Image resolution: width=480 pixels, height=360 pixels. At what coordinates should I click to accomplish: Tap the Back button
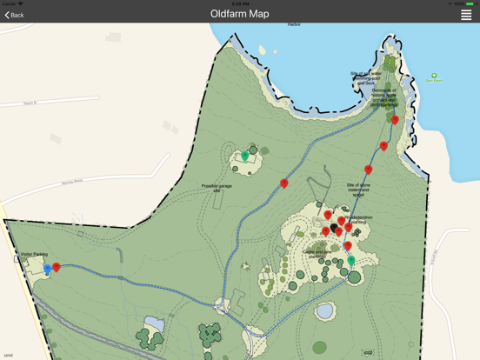15,15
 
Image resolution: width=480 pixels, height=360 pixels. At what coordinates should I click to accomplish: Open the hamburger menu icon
466,15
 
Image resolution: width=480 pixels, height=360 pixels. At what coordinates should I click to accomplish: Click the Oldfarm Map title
239,14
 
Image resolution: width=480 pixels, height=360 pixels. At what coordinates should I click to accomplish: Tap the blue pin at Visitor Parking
48,269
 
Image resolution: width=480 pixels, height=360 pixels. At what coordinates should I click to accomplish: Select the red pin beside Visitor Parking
57,267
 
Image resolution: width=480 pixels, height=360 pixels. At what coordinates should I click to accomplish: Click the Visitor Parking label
33,255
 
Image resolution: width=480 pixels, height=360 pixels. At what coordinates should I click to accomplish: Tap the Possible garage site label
217,188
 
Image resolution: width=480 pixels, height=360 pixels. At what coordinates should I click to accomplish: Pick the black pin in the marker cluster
334,229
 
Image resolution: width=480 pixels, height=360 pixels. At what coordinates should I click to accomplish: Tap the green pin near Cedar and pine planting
351,260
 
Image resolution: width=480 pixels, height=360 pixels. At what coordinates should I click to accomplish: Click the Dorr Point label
434,80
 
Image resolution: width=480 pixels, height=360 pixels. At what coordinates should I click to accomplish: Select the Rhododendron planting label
357,221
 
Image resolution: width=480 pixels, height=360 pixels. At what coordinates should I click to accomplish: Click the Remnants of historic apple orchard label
383,97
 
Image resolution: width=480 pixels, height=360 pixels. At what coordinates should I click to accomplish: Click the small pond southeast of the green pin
324,310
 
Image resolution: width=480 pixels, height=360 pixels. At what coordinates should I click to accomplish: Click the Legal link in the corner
8,355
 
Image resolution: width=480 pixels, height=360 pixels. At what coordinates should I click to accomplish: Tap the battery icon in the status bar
470,3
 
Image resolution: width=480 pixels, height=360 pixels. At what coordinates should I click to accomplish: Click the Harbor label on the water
294,24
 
